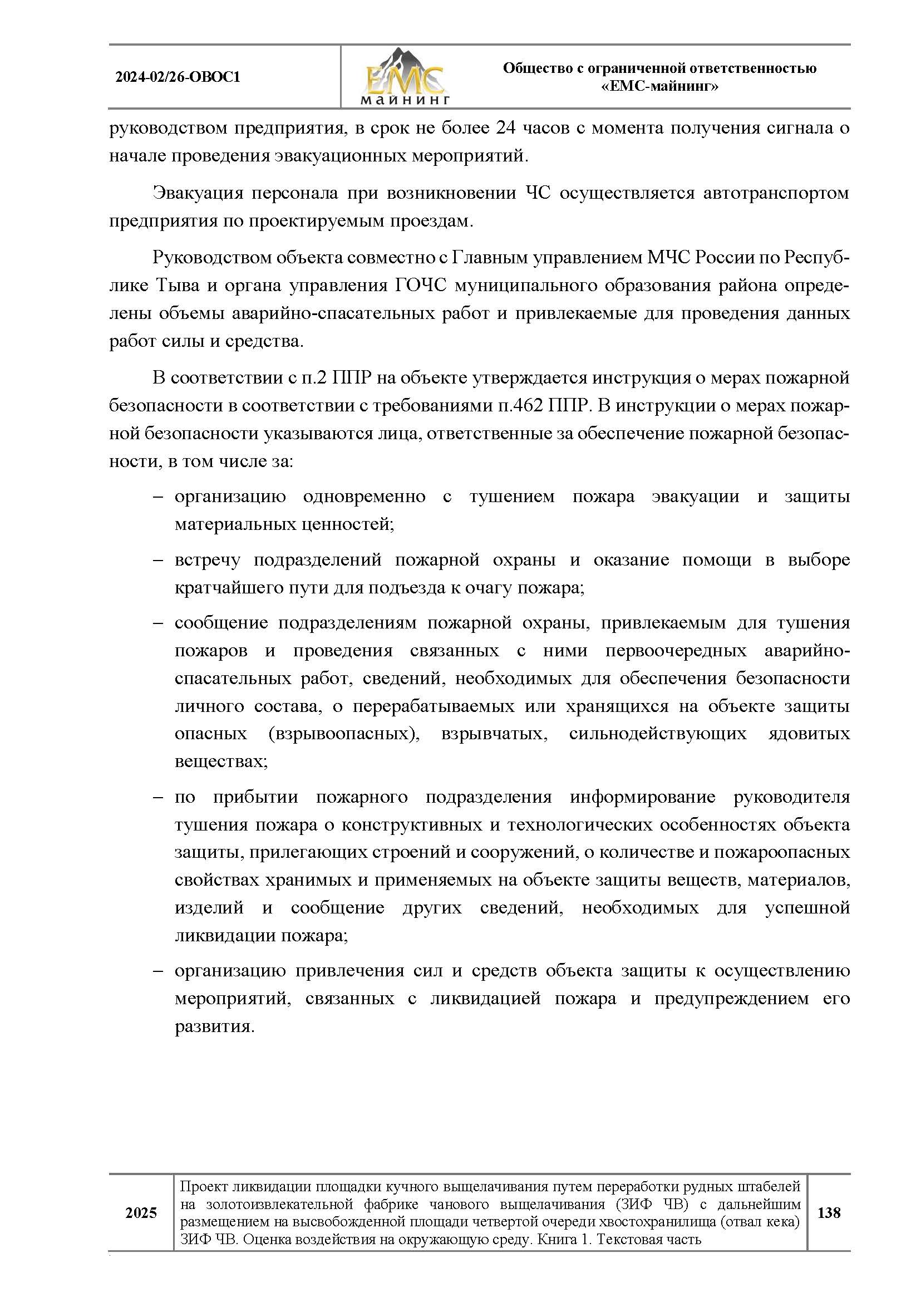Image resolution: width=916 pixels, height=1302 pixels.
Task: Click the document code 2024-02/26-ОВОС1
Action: point(178,77)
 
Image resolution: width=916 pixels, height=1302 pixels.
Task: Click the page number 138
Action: point(828,1213)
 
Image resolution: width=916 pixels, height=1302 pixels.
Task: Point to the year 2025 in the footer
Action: point(141,1213)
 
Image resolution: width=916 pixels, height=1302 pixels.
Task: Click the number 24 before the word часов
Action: point(505,128)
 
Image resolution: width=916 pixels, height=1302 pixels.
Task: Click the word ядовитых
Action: point(809,734)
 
